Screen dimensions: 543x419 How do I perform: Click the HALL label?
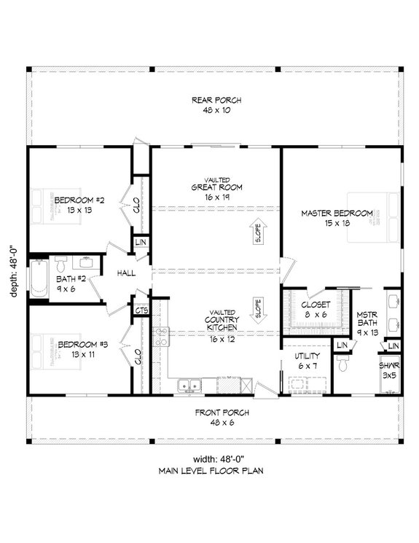coord(128,273)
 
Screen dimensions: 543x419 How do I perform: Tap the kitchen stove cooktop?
coord(160,337)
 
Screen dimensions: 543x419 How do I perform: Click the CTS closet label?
coord(141,310)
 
